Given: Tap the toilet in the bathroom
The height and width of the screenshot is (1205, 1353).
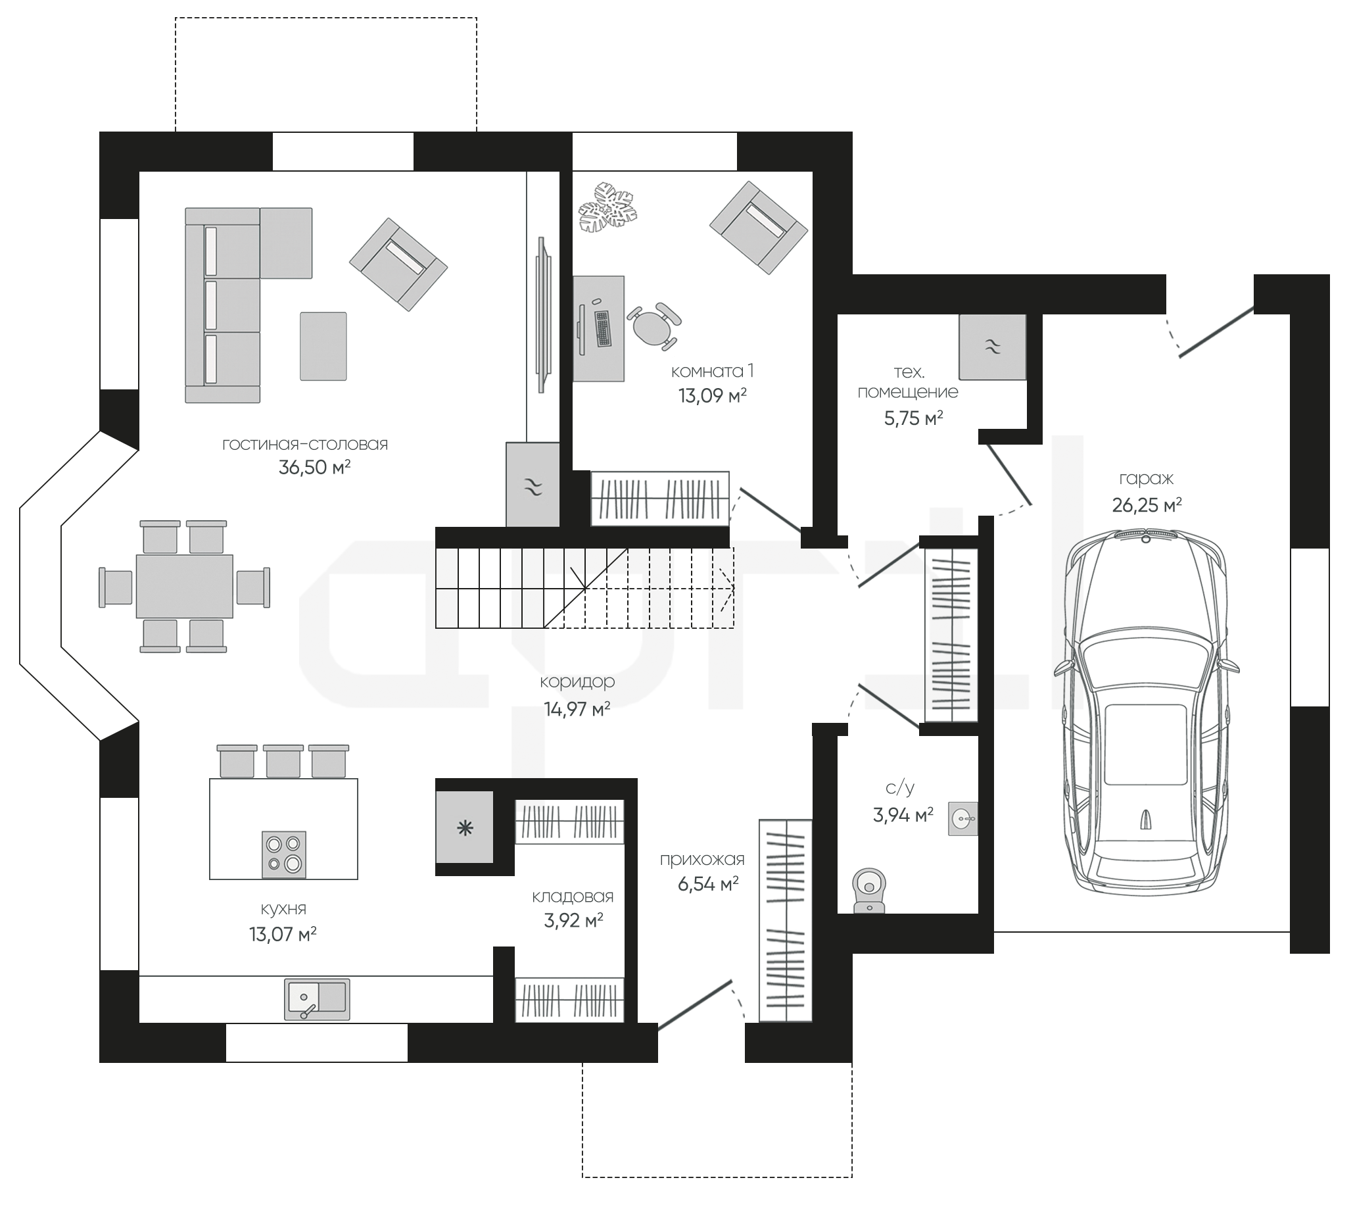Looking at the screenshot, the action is pos(869,891).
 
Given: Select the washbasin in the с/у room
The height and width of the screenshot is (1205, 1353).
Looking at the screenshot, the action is pos(962,819).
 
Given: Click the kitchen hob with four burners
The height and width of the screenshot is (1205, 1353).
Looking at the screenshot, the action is pos(284,854).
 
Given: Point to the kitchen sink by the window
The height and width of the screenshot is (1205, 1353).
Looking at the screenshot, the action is pos(317,998).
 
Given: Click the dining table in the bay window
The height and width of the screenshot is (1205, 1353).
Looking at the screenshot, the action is pos(185,587).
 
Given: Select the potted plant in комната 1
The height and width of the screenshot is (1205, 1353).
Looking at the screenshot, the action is pos(607,208).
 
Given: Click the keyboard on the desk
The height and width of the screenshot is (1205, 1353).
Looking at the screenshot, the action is pos(602,328).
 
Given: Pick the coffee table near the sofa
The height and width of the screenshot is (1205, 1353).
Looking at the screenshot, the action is pos(323,346).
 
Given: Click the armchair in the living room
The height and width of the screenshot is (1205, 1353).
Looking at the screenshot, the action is pos(398,264).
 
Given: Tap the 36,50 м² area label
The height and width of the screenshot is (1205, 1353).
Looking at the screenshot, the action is pos(314,468).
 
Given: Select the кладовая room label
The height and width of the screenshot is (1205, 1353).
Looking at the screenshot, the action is pos(573,897).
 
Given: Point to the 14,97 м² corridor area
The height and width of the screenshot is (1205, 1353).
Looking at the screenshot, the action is pos(577,709).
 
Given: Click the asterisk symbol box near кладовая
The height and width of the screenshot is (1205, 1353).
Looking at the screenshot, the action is pos(465,827).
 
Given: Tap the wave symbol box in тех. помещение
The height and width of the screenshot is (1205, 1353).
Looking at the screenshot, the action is pos(992,346).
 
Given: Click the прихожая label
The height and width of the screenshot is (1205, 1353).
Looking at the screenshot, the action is pos(701,860).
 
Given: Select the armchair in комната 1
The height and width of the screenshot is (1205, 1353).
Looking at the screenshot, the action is pos(759,228).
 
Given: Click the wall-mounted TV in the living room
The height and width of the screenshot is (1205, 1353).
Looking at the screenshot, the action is pos(544,316).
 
